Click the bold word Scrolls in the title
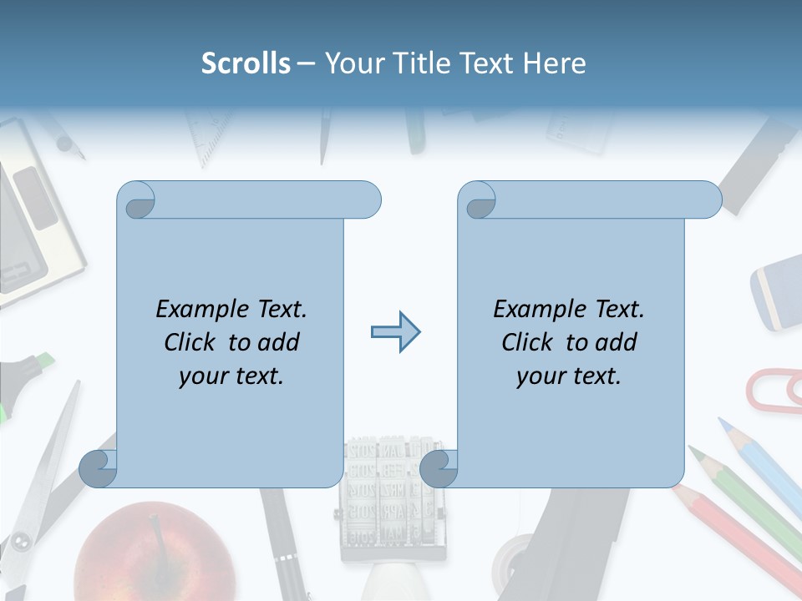(x=246, y=63)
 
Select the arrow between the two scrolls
(x=395, y=332)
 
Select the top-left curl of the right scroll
(x=478, y=200)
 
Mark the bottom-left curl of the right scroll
(x=439, y=469)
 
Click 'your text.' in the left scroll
(x=231, y=376)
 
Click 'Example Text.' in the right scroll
(x=569, y=309)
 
